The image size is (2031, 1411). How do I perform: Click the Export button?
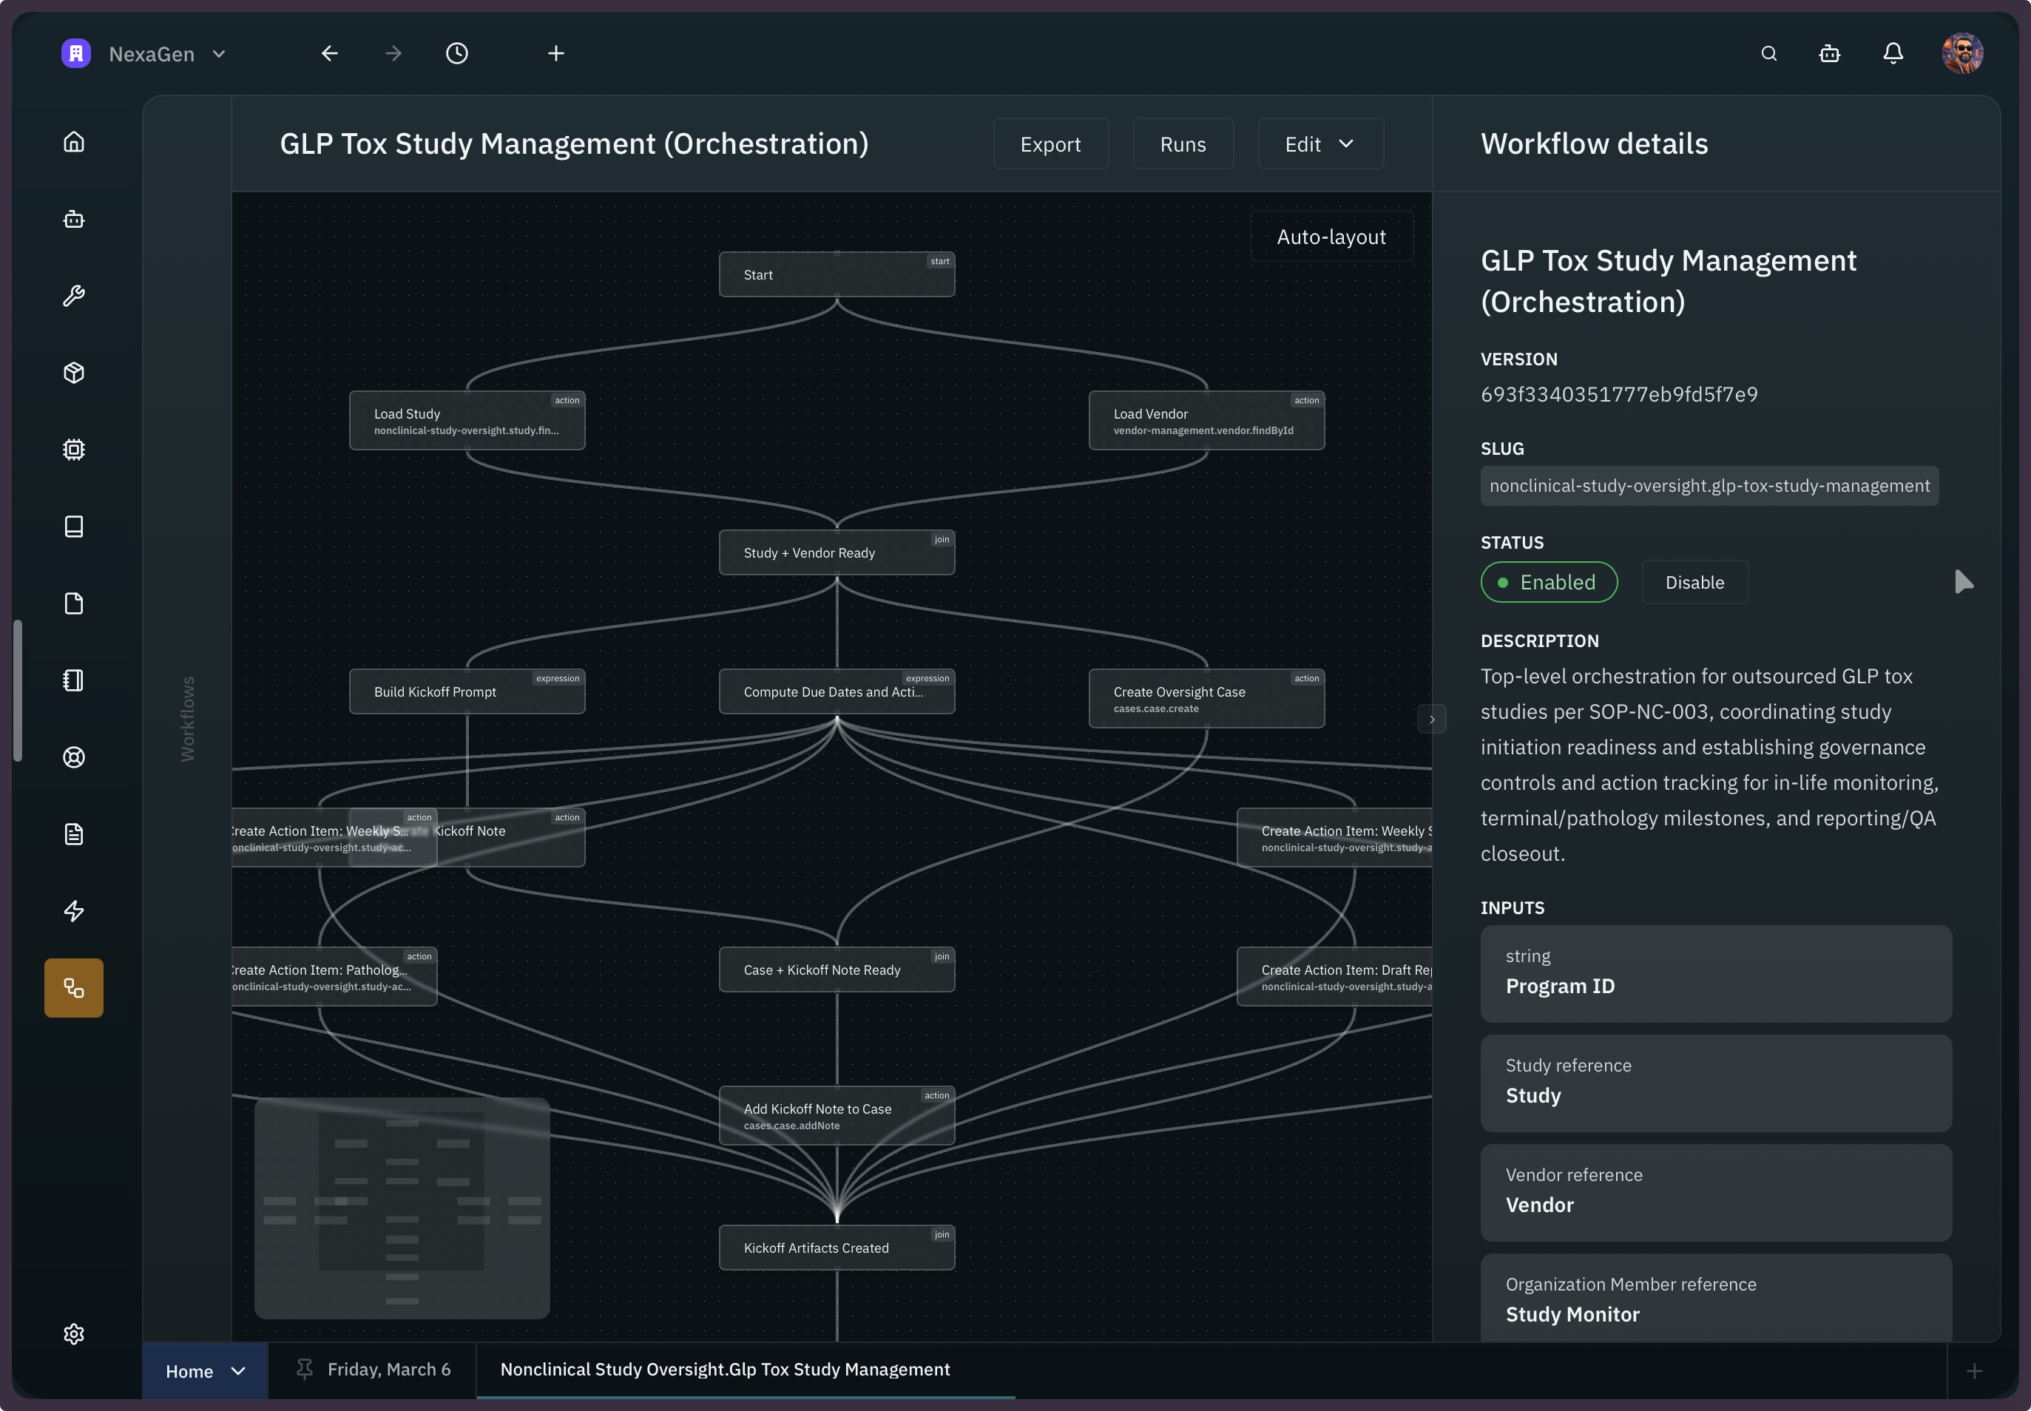click(x=1050, y=144)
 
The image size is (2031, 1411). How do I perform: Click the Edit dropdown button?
click(x=1319, y=144)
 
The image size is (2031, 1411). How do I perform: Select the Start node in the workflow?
click(x=836, y=275)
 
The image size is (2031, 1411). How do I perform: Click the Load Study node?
click(x=466, y=421)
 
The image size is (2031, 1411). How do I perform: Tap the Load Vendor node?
click(x=1206, y=421)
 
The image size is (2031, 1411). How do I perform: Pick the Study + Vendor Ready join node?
click(x=836, y=552)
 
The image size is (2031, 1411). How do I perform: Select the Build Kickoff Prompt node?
click(x=466, y=691)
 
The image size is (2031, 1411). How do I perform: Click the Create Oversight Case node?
click(x=1206, y=698)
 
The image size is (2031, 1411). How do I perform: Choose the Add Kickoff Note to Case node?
click(x=836, y=1116)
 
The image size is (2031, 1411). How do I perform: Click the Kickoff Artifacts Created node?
click(x=836, y=1248)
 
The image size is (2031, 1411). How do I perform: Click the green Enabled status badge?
click(x=1548, y=583)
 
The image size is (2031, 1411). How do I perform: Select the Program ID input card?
click(x=1715, y=973)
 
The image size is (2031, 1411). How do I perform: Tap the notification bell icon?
click(x=1892, y=54)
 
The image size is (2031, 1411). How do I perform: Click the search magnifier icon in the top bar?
click(x=1768, y=54)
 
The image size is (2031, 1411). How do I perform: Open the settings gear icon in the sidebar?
click(x=74, y=1333)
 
